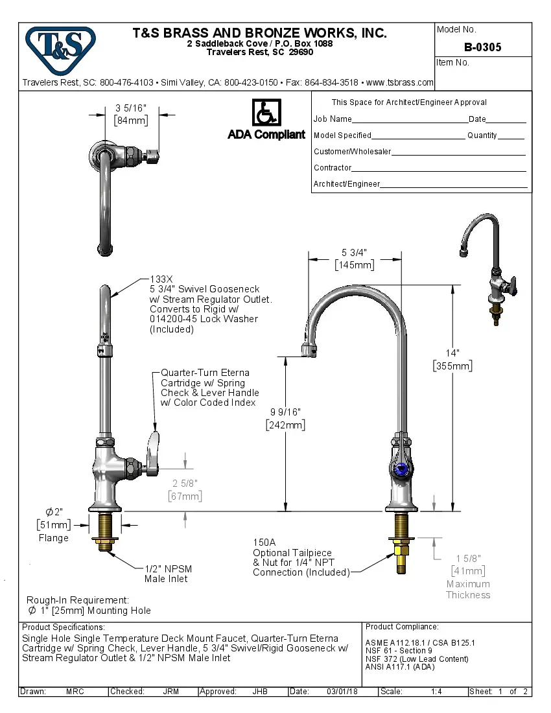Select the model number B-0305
482,47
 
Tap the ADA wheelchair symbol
266,113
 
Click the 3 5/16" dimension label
132,108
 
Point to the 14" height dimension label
452,353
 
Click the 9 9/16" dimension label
285,412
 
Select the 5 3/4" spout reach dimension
354,252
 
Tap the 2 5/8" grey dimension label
185,483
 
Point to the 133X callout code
161,279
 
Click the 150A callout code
264,543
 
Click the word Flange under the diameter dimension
53,538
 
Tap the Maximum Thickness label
468,589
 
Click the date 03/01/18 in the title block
342,692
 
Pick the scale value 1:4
436,692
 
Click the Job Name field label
333,119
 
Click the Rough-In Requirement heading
78,600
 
